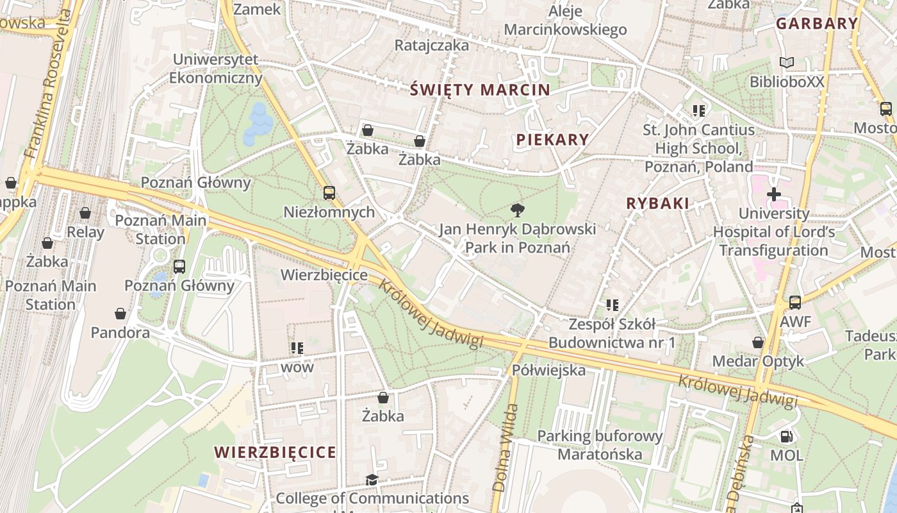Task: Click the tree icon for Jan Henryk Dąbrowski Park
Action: point(518,210)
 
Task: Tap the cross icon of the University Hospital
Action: point(774,194)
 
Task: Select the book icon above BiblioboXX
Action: point(787,63)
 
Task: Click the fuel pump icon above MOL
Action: point(786,437)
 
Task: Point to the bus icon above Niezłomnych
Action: point(329,192)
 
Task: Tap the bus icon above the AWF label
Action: point(795,302)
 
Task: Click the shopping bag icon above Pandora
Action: point(120,314)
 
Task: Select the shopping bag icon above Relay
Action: point(85,213)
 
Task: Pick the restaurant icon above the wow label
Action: point(297,348)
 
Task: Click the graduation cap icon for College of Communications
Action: point(372,480)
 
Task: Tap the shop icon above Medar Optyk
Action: point(758,342)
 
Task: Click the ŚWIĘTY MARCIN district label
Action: point(480,90)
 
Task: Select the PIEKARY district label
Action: point(552,140)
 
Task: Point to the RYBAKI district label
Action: point(657,204)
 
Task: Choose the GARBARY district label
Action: point(816,24)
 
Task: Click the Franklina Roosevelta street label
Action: point(49,85)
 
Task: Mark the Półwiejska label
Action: point(548,370)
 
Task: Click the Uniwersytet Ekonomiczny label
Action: point(217,69)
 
